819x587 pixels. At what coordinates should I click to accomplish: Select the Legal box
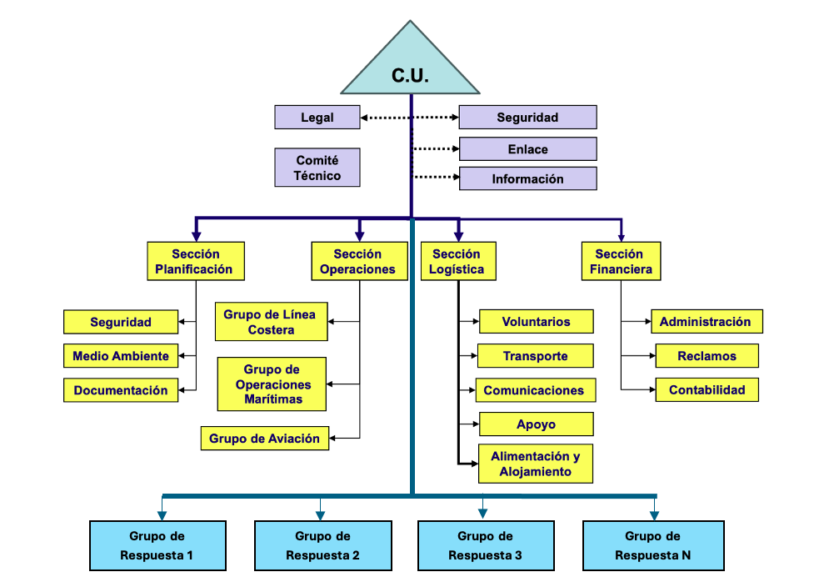[317, 118]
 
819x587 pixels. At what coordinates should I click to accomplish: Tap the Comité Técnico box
[317, 167]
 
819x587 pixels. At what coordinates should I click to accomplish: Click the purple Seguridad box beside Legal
[527, 118]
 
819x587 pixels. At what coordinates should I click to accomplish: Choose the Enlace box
[527, 149]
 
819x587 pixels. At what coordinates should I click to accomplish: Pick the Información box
[527, 178]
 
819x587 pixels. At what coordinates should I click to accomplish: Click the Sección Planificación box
[196, 262]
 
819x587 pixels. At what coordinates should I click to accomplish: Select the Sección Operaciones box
[357, 262]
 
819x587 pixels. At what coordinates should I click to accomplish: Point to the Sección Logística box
[457, 262]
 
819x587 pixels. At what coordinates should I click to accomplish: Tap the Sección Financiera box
[621, 262]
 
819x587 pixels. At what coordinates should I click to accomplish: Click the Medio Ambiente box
[121, 356]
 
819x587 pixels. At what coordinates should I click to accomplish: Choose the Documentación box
[121, 390]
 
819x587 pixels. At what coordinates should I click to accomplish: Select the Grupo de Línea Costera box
[271, 322]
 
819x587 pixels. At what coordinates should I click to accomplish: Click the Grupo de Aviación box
[265, 439]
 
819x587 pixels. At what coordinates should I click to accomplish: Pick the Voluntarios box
[536, 322]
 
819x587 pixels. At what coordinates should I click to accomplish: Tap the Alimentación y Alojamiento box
[536, 464]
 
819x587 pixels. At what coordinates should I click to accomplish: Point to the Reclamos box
[707, 356]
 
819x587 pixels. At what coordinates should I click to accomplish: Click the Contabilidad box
[707, 390]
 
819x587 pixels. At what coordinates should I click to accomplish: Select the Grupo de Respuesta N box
[652, 546]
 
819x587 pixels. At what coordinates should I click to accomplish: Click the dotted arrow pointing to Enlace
[436, 149]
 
